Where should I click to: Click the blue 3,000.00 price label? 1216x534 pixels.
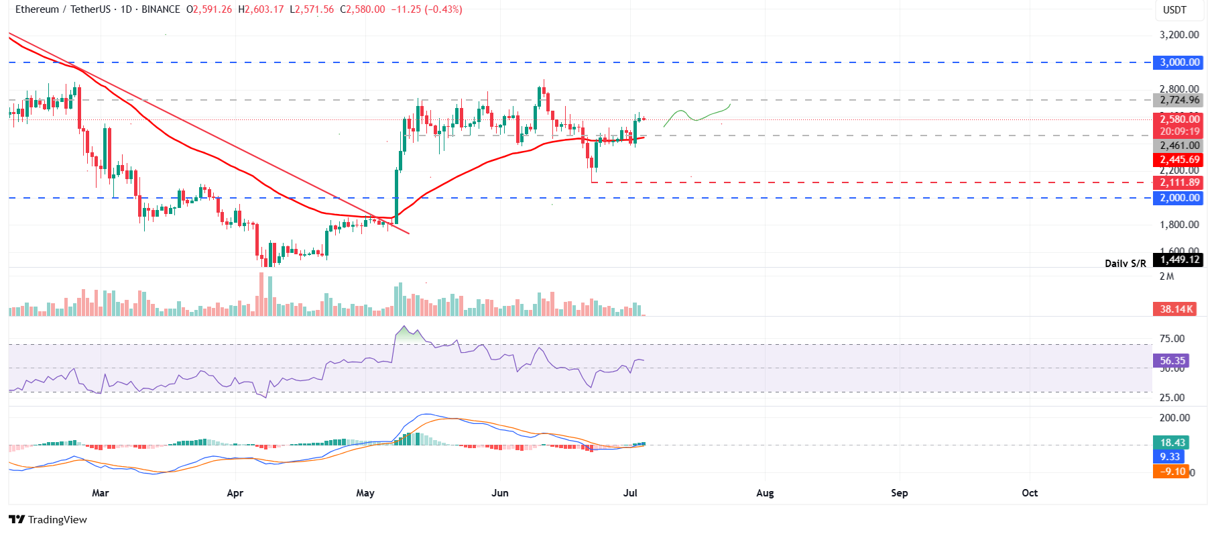tap(1180, 62)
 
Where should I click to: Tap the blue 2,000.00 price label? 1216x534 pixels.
tap(1180, 198)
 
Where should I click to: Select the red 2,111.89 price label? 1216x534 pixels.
tap(1180, 182)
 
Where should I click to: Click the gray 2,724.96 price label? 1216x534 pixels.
tap(1180, 100)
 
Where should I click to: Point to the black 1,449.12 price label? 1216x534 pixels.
tap(1179, 260)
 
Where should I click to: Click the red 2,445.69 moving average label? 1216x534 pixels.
tap(1180, 160)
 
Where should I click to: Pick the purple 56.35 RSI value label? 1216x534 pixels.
tap(1172, 361)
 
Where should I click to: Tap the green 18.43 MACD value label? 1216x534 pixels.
tap(1172, 443)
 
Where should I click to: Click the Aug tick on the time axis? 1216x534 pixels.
tap(765, 493)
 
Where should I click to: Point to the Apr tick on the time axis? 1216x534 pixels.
tap(235, 493)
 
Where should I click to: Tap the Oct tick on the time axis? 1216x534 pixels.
tap(1030, 493)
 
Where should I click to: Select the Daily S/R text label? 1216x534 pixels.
tap(1126, 264)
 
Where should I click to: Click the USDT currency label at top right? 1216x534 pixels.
tap(1174, 10)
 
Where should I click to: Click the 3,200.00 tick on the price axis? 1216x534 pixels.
tap(1179, 35)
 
